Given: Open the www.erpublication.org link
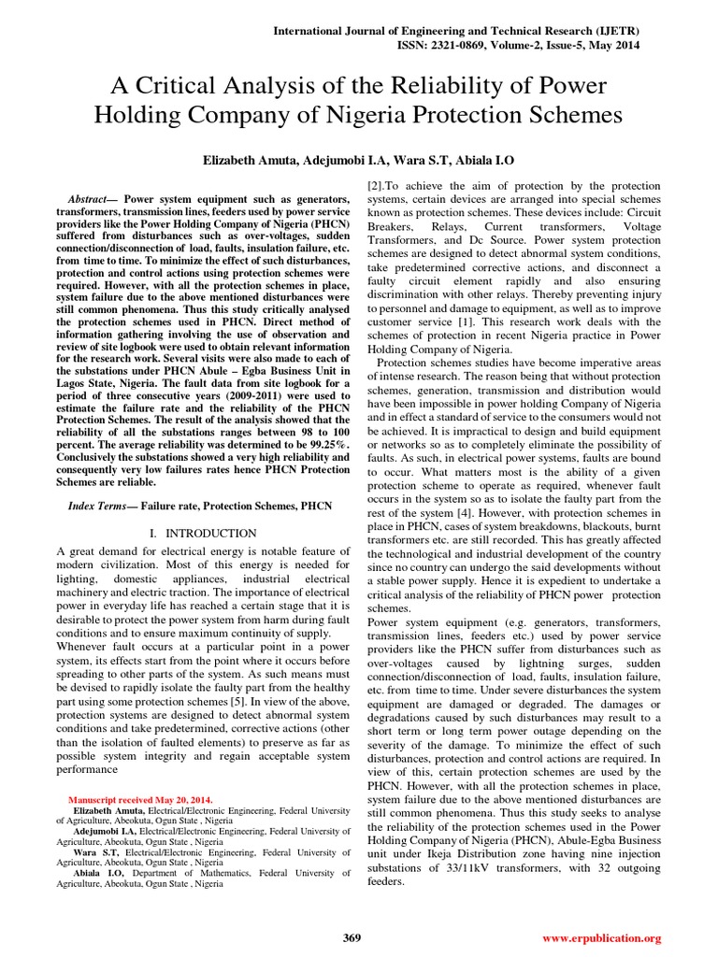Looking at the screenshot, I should coord(601,937).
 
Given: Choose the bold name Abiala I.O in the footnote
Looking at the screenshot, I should coord(99,872).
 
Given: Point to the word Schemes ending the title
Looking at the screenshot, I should coord(566,115).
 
